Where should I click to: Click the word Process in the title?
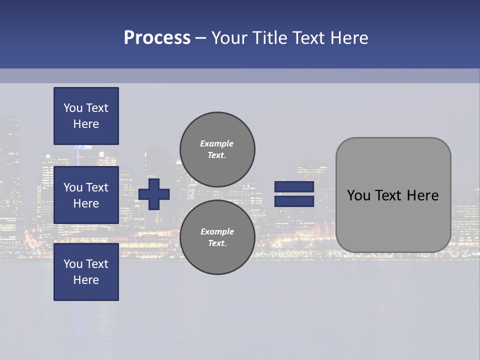point(157,38)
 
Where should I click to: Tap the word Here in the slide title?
point(348,38)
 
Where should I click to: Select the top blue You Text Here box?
point(86,116)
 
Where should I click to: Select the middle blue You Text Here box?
point(86,195)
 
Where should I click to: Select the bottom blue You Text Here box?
point(86,272)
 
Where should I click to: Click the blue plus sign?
point(154,194)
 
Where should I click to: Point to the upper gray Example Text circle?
point(217,149)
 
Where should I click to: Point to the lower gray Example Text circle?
point(217,237)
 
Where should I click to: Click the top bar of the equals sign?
point(294,187)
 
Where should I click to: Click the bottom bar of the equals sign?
point(294,201)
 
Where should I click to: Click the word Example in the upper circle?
point(216,143)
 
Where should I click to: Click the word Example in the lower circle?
point(217,231)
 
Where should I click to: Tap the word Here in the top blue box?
point(86,124)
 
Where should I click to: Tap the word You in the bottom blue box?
point(73,264)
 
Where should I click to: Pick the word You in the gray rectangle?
point(359,195)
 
